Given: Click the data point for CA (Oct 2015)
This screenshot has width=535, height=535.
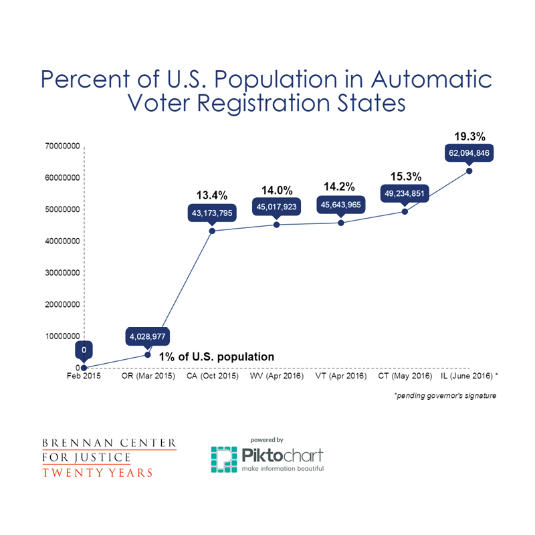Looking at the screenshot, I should (212, 231).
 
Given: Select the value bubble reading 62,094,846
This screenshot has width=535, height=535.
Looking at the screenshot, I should (469, 153).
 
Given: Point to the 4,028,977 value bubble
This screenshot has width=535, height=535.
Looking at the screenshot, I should (148, 336).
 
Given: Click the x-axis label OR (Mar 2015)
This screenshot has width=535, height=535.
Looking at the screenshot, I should (148, 377).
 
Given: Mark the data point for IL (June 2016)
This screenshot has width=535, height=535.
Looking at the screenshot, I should (469, 171).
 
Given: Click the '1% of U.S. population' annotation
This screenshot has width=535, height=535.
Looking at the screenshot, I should (215, 356).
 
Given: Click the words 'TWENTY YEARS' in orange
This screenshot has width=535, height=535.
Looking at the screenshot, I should (98, 473).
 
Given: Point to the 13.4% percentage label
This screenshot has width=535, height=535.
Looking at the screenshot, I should (212, 195).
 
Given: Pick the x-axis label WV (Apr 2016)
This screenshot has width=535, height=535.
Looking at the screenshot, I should (276, 377).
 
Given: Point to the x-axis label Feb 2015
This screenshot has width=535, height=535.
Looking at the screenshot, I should (84, 377).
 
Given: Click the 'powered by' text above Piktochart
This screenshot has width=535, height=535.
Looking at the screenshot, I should (267, 439).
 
